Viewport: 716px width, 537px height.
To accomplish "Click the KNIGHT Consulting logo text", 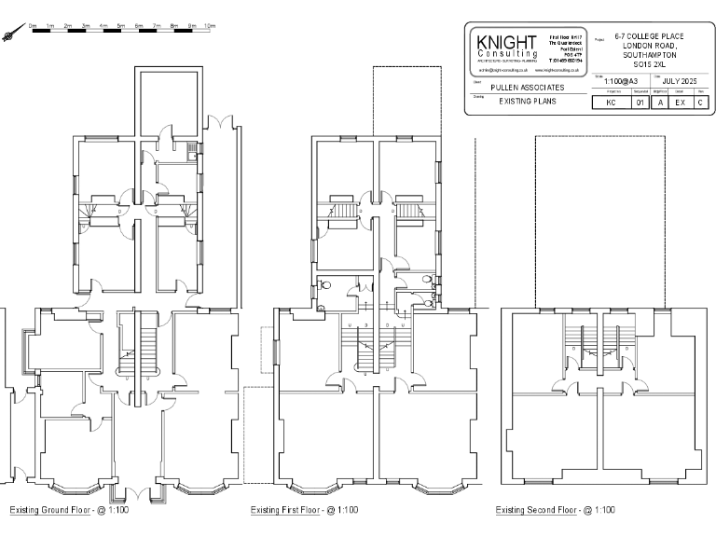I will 506,48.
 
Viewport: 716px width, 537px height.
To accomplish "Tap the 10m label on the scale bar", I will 210,25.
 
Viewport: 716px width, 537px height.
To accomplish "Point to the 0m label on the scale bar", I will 33,25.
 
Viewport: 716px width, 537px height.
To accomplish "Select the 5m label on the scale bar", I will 121,25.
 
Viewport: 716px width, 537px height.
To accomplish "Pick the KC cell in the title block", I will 612,103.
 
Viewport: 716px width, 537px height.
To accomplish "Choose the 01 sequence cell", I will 640,103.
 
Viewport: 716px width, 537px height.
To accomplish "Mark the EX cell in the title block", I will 681,103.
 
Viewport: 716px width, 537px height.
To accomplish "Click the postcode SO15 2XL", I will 650,65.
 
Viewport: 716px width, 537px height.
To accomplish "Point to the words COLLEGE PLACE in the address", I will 657,36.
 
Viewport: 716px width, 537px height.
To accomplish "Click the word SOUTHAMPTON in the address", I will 650,56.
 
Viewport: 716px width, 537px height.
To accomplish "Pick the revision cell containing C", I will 700,103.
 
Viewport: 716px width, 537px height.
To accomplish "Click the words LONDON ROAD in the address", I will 650,46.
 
